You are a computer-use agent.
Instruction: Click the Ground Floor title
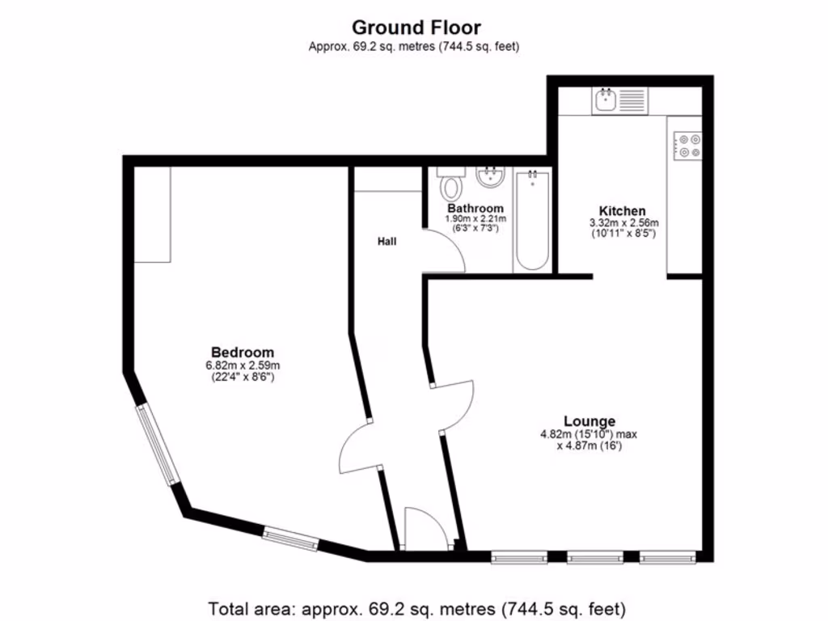(x=416, y=28)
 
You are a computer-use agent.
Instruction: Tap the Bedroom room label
(x=242, y=353)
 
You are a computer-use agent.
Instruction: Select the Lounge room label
(x=589, y=421)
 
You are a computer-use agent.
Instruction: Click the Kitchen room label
(x=622, y=211)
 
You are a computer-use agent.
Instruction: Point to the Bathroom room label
(x=475, y=209)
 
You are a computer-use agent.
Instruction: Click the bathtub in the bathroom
(x=531, y=219)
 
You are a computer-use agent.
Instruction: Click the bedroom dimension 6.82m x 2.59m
(x=242, y=365)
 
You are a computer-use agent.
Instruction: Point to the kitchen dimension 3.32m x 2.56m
(x=623, y=223)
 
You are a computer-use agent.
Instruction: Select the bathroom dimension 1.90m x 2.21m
(x=476, y=219)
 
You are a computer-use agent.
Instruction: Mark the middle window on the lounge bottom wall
(x=594, y=557)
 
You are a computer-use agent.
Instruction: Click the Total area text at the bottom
(x=417, y=607)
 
